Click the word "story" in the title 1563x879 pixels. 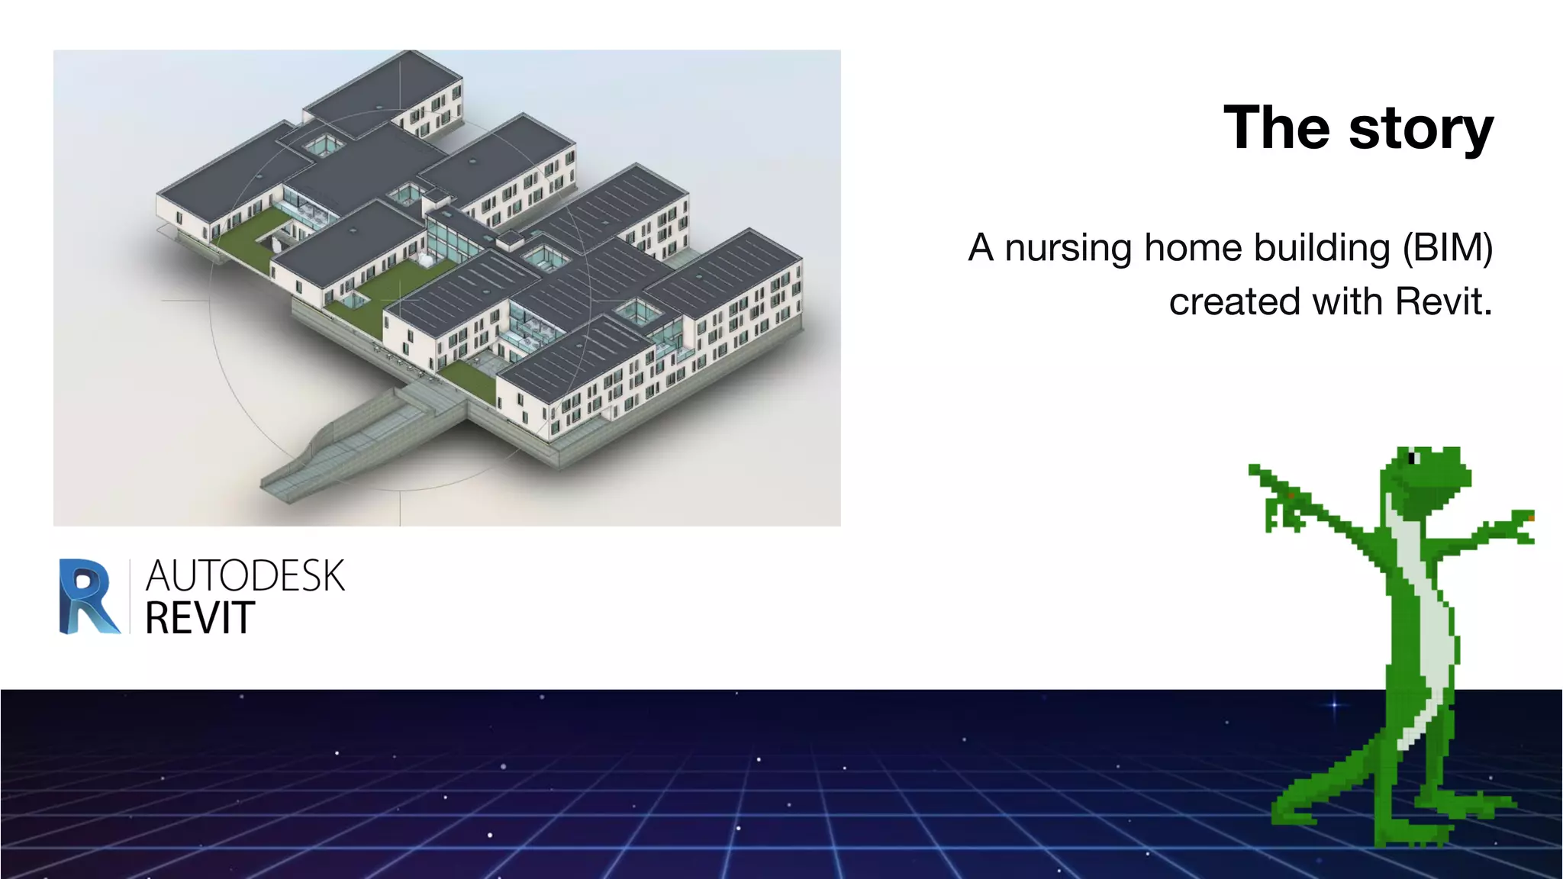tap(1420, 130)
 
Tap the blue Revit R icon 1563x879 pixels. tap(89, 597)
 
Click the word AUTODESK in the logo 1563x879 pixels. tap(245, 576)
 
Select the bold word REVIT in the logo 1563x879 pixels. tap(199, 618)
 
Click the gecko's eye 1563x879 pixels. tap(1412, 459)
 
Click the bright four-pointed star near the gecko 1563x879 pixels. tap(1335, 704)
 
